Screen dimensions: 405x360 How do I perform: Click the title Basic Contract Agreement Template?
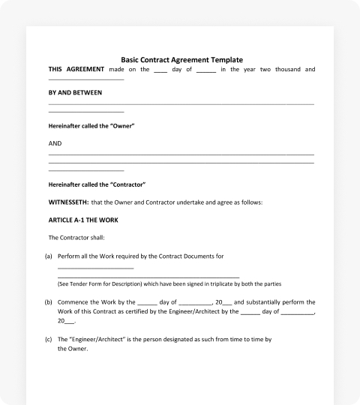click(x=181, y=60)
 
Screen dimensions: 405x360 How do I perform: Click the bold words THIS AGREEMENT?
click(x=71, y=70)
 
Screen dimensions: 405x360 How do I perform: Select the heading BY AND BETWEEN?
click(x=75, y=93)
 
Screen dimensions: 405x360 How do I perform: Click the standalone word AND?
click(x=55, y=142)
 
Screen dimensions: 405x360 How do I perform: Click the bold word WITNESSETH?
click(x=68, y=202)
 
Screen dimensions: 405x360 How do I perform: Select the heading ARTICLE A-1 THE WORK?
click(x=83, y=220)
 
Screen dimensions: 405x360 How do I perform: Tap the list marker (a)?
click(x=49, y=256)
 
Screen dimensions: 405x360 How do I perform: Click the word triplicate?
click(x=216, y=284)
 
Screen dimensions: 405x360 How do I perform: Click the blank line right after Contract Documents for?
click(x=95, y=266)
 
